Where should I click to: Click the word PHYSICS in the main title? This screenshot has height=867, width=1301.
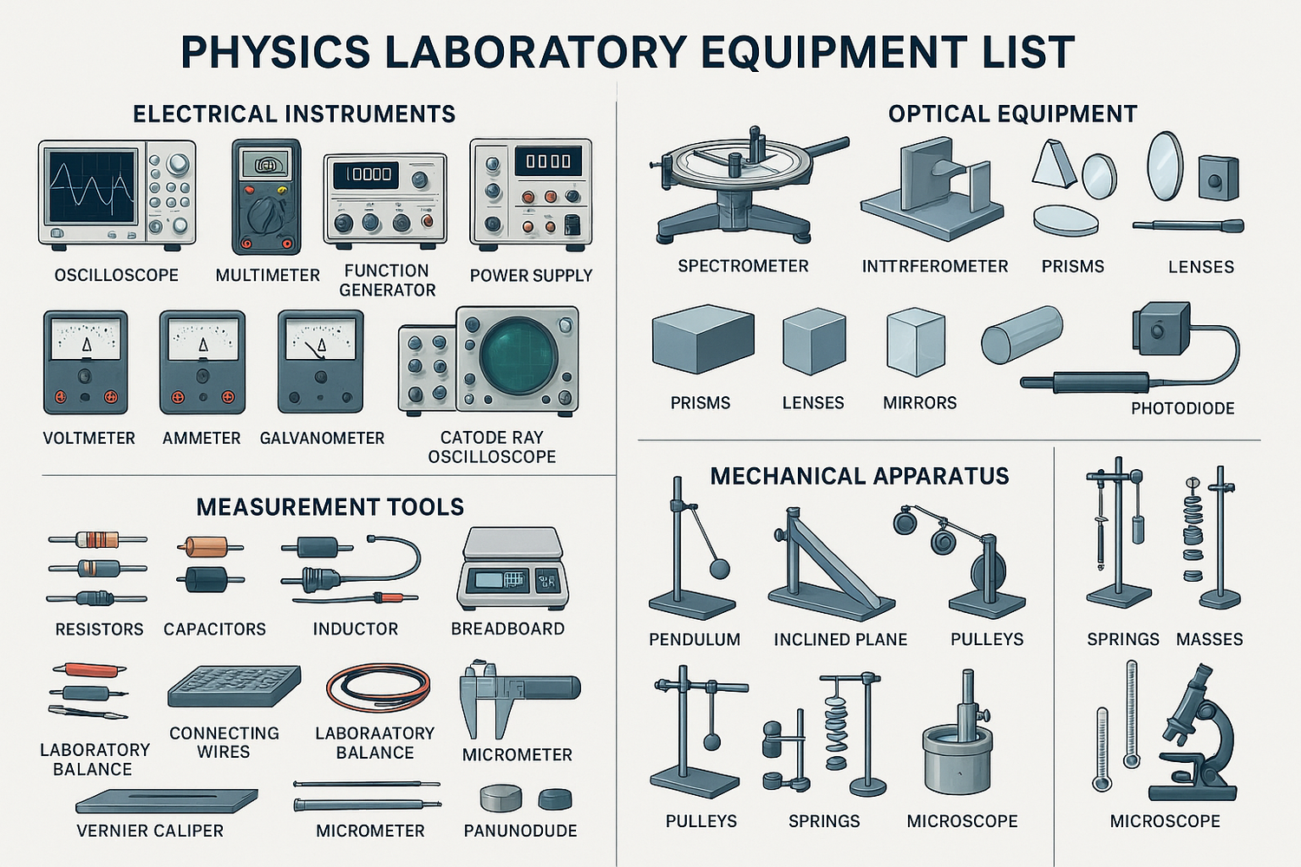coord(275,52)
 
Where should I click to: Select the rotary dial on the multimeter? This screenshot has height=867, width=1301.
coord(265,212)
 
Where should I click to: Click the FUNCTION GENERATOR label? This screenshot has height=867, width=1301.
coord(387,280)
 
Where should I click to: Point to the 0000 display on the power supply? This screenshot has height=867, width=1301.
coord(547,161)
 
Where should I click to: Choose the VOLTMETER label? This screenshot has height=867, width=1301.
coord(89,439)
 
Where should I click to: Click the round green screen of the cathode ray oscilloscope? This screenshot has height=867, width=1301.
coord(519,355)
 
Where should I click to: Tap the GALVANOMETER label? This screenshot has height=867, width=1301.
coord(322,439)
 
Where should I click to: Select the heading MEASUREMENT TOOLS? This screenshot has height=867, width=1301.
coord(330,507)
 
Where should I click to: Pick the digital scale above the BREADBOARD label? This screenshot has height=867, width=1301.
coord(513,569)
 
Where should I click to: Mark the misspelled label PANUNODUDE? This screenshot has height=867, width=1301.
coord(520,831)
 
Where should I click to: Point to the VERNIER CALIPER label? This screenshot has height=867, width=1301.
coord(150,831)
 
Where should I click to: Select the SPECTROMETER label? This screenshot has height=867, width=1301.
coord(743,266)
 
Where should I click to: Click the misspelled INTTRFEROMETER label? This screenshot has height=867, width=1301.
coord(935,266)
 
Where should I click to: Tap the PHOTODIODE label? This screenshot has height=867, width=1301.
coord(1182,408)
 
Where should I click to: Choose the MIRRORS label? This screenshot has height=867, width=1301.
coord(919,403)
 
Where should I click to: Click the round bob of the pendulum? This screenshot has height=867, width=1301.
coord(720,569)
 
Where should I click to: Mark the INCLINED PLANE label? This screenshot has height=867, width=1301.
coord(840,640)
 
